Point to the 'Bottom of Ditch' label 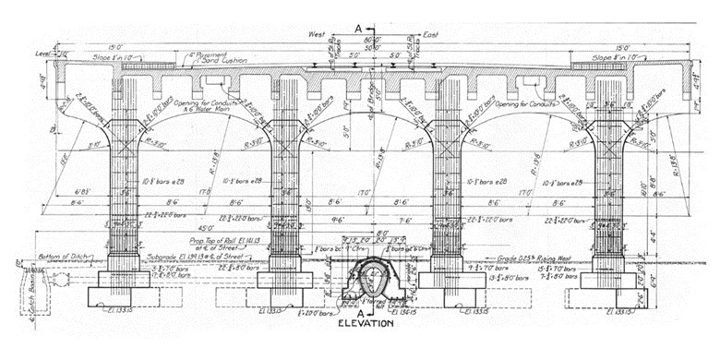[64, 255]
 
